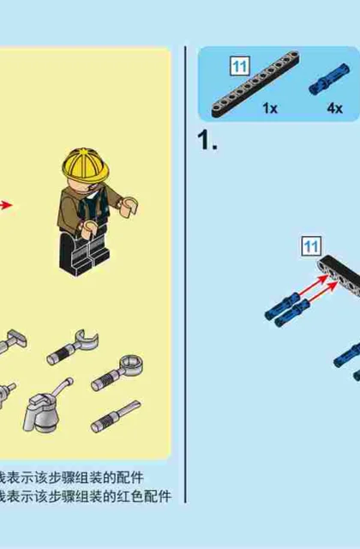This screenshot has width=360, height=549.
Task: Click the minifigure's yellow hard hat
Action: click(86, 165)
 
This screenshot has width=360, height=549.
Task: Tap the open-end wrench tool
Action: click(73, 347)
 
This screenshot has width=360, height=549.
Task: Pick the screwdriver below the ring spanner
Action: click(116, 416)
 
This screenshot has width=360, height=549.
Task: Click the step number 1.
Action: click(207, 141)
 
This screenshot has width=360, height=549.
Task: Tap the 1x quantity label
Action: click(270, 109)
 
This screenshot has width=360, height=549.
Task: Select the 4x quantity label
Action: click(335, 109)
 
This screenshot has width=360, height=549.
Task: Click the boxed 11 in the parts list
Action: click(240, 66)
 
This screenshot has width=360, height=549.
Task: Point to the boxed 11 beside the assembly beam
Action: click(311, 246)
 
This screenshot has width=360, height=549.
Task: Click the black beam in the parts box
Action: click(255, 84)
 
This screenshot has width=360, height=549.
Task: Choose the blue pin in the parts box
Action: click(329, 79)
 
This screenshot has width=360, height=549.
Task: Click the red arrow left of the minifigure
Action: click(6, 205)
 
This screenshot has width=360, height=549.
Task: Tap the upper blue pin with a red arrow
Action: click(283, 305)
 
